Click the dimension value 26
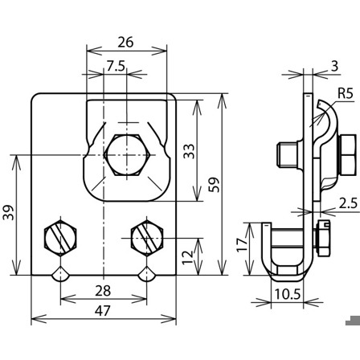[125, 43]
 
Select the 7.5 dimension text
[116, 66]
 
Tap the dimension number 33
[190, 151]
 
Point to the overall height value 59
[215, 185]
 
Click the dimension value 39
[8, 212]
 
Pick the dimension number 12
[188, 257]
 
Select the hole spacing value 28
[103, 291]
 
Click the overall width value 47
[103, 311]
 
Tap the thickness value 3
[335, 66]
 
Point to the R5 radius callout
[346, 93]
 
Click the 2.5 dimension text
[348, 203]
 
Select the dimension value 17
[243, 244]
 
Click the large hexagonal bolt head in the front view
[127, 155]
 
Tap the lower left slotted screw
[60, 238]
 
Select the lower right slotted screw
[146, 238]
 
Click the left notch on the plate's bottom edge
[61, 273]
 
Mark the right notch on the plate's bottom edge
[146, 273]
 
